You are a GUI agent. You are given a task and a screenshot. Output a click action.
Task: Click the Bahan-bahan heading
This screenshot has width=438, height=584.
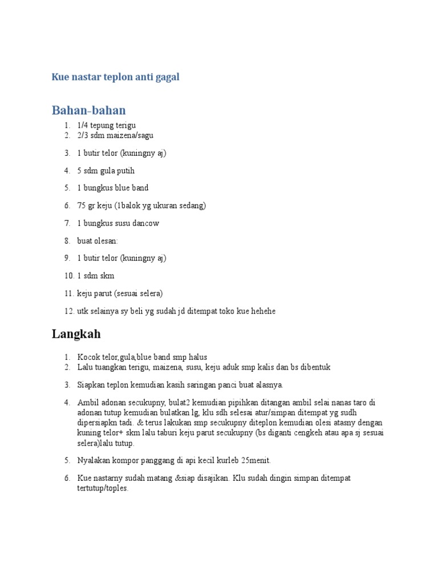[x=88, y=110]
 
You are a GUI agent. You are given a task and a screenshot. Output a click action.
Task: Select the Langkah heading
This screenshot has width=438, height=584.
[x=76, y=334]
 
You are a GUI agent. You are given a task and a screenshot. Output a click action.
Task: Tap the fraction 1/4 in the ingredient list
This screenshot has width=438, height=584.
[x=83, y=125]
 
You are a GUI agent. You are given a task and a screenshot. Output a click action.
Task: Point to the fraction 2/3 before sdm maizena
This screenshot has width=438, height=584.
[x=83, y=135]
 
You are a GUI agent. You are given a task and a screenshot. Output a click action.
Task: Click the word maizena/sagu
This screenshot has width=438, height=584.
[x=132, y=135]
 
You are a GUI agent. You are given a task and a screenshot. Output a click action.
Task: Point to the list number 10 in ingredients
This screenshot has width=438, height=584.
[x=68, y=276]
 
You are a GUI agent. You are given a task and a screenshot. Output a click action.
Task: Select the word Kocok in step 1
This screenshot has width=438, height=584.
[x=88, y=357]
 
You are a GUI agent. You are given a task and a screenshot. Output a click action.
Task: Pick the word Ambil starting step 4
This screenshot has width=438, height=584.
[x=88, y=403]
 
